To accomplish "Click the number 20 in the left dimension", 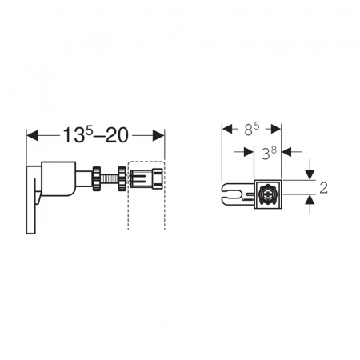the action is pyautogui.click(x=117, y=135).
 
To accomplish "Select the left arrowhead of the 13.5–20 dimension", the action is pyautogui.click(x=33, y=135).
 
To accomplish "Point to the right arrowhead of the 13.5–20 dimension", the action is pyautogui.click(x=158, y=135).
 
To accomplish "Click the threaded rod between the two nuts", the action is pyautogui.click(x=110, y=178).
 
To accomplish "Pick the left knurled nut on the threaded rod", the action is pyautogui.click(x=97, y=178).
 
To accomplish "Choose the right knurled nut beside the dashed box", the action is pyautogui.click(x=122, y=178).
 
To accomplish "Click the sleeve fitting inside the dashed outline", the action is pyautogui.click(x=146, y=178).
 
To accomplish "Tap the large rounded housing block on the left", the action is pyautogui.click(x=58, y=178).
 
